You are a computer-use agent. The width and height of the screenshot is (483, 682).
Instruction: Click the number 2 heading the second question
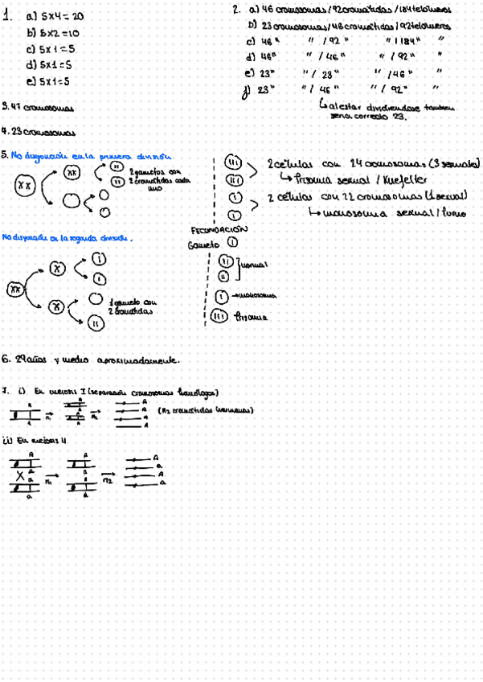235,10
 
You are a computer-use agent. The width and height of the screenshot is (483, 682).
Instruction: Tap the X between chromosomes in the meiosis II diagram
18,475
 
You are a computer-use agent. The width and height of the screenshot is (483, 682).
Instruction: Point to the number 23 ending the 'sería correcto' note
400,116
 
